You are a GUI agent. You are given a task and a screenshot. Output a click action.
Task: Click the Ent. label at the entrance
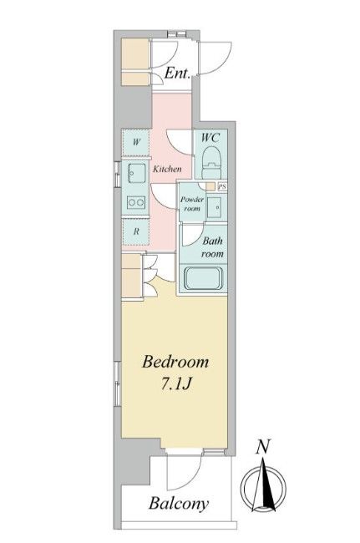tap(177, 73)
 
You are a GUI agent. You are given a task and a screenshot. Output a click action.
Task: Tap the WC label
tap(210, 138)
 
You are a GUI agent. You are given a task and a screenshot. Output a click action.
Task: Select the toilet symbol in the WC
tap(211, 162)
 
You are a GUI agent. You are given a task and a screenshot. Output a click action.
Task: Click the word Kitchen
tap(167, 169)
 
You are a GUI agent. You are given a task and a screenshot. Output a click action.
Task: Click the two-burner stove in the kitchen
tap(135, 202)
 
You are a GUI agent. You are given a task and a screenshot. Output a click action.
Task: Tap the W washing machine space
tap(136, 142)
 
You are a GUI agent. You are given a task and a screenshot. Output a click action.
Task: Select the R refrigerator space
tap(136, 231)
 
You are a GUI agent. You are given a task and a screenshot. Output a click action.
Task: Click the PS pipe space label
tap(222, 186)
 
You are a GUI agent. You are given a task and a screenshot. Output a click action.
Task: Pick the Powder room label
tap(192, 204)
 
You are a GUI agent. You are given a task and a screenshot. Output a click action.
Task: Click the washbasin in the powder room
tap(216, 207)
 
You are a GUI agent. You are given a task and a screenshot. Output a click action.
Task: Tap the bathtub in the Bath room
tap(203, 278)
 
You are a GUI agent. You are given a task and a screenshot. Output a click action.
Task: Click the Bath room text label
tap(212, 247)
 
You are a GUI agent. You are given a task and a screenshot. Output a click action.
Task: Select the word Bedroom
tap(175, 363)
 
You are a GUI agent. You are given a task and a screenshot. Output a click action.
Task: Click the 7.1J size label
tap(176, 383)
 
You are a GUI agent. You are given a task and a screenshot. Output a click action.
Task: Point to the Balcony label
tap(179, 504)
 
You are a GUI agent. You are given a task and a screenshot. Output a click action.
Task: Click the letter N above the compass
tap(263, 447)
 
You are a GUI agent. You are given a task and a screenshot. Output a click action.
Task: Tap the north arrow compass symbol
tap(264, 485)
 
